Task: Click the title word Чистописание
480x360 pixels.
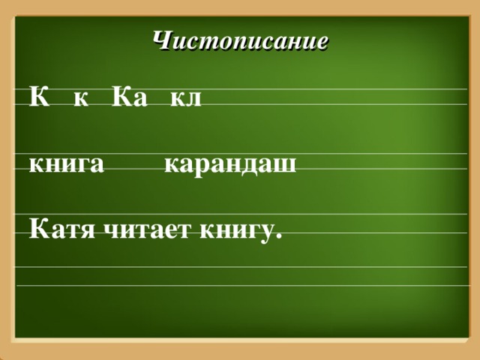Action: (x=240, y=40)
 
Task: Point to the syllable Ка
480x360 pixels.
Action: (x=130, y=97)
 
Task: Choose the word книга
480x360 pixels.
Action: (x=66, y=165)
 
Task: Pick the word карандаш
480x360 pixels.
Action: (x=230, y=165)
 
